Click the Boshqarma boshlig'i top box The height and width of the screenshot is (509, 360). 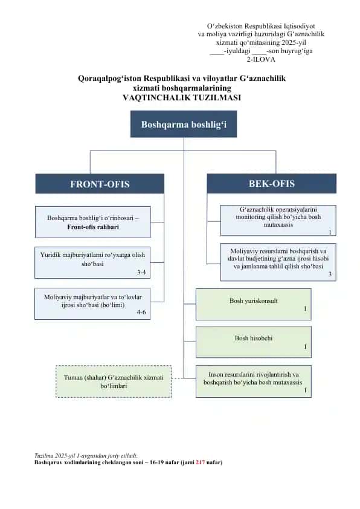184,124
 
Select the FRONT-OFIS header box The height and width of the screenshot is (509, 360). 100,184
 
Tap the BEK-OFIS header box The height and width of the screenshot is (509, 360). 271,183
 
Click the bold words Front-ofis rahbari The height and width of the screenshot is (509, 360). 93,227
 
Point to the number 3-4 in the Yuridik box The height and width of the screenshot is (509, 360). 141,273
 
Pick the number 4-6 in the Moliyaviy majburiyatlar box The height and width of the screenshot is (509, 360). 141,313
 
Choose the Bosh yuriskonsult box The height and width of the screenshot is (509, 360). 254,305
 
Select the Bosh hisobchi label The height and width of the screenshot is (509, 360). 254,339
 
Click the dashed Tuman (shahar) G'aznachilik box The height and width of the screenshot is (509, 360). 114,381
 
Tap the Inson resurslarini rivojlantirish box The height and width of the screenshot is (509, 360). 254,381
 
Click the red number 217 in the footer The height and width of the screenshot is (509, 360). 201,462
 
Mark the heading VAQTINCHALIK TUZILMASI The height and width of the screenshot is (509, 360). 182,98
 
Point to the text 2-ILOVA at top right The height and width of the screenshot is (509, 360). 261,59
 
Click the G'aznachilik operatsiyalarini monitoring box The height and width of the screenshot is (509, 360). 278,221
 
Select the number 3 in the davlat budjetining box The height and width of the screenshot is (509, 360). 330,274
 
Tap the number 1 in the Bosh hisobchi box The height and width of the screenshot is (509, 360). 305,347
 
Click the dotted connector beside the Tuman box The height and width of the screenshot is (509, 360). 178,378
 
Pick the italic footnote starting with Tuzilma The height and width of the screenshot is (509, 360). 86,456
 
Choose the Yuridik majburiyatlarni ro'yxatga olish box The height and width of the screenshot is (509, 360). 92,263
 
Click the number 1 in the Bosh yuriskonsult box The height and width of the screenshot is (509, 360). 305,309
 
